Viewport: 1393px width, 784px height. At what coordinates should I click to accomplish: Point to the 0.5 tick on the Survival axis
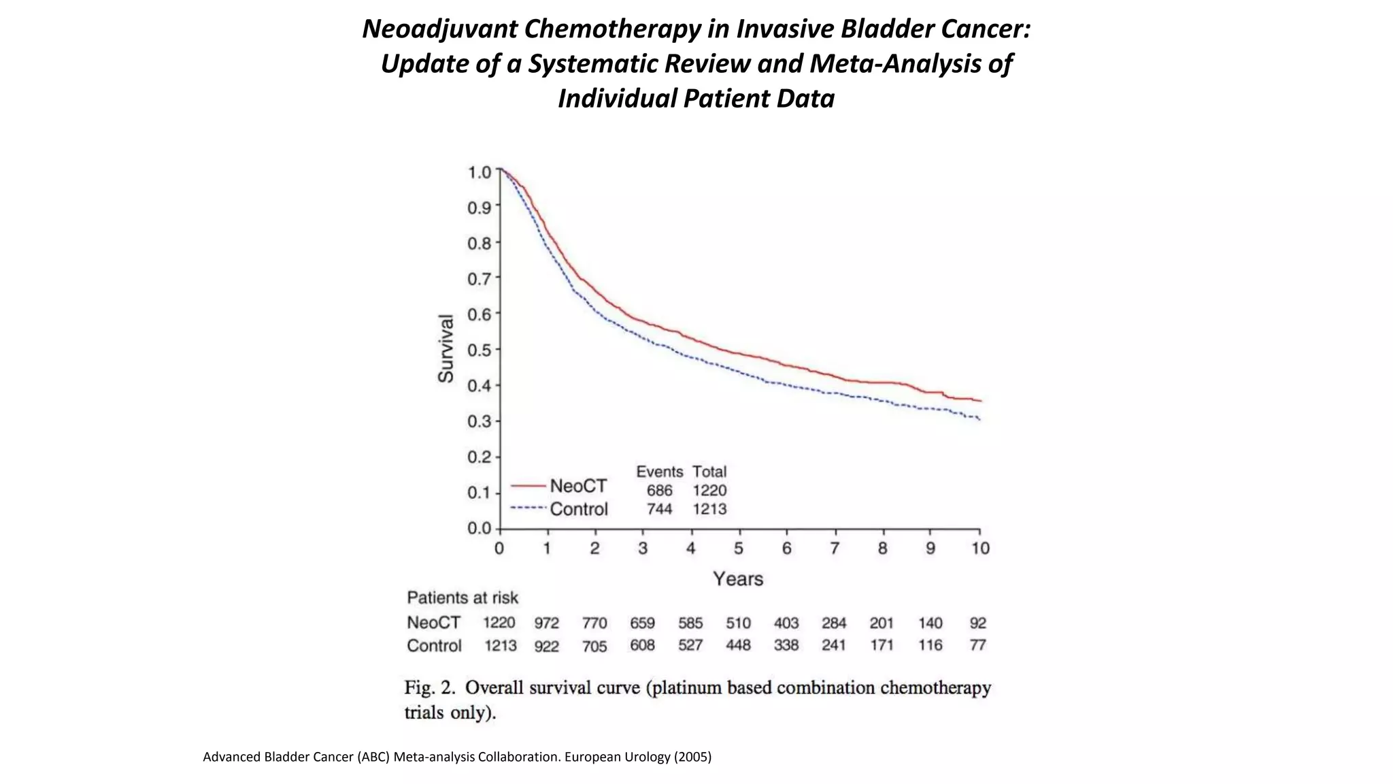pyautogui.click(x=479, y=350)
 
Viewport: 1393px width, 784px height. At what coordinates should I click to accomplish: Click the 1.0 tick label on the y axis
pyautogui.click(x=479, y=172)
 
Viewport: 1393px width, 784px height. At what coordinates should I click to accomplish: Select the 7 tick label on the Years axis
pyautogui.click(x=835, y=549)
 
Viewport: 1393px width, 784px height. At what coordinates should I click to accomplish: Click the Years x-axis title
pyautogui.click(x=738, y=579)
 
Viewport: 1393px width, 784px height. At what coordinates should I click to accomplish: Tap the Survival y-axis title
pyautogui.click(x=446, y=348)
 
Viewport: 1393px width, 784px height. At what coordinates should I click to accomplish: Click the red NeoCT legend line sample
pyautogui.click(x=528, y=486)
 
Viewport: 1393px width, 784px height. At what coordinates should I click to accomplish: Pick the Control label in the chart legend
pyautogui.click(x=579, y=509)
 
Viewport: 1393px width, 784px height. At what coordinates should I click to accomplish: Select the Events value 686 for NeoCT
pyautogui.click(x=659, y=491)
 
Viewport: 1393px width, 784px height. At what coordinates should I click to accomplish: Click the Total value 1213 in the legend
pyautogui.click(x=709, y=509)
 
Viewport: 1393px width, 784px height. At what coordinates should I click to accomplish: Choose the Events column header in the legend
pyautogui.click(x=659, y=472)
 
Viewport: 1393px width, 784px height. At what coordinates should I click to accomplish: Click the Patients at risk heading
pyautogui.click(x=463, y=598)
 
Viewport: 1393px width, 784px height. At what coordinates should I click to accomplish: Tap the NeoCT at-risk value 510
pyautogui.click(x=738, y=623)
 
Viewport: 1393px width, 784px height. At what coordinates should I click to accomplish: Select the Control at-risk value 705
pyautogui.click(x=594, y=646)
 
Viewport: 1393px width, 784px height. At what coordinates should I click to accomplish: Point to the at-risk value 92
pyautogui.click(x=977, y=623)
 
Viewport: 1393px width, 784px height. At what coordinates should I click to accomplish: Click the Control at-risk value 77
pyautogui.click(x=977, y=645)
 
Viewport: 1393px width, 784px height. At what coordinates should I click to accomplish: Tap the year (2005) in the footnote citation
pyautogui.click(x=692, y=757)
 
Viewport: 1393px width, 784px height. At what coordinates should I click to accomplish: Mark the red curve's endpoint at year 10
pyautogui.click(x=980, y=401)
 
